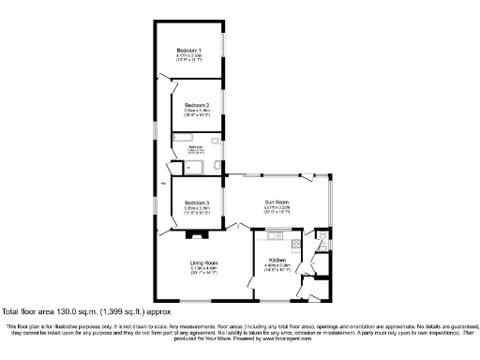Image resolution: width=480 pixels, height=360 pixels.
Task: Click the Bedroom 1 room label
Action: tap(196, 50)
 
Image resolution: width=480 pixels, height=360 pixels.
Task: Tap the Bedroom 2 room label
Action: tap(196, 104)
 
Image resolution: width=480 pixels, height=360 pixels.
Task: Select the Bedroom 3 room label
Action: tap(196, 202)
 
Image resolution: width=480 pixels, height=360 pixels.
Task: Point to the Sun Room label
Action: tap(276, 202)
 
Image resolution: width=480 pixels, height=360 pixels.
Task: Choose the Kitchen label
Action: tap(277, 259)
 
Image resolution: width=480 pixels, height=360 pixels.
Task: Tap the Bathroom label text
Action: tap(196, 147)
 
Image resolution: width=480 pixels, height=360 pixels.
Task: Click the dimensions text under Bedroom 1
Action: tap(196, 57)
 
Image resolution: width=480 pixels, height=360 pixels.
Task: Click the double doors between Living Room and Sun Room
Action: tap(242, 228)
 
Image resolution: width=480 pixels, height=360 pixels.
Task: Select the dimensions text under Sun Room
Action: tap(276, 210)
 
